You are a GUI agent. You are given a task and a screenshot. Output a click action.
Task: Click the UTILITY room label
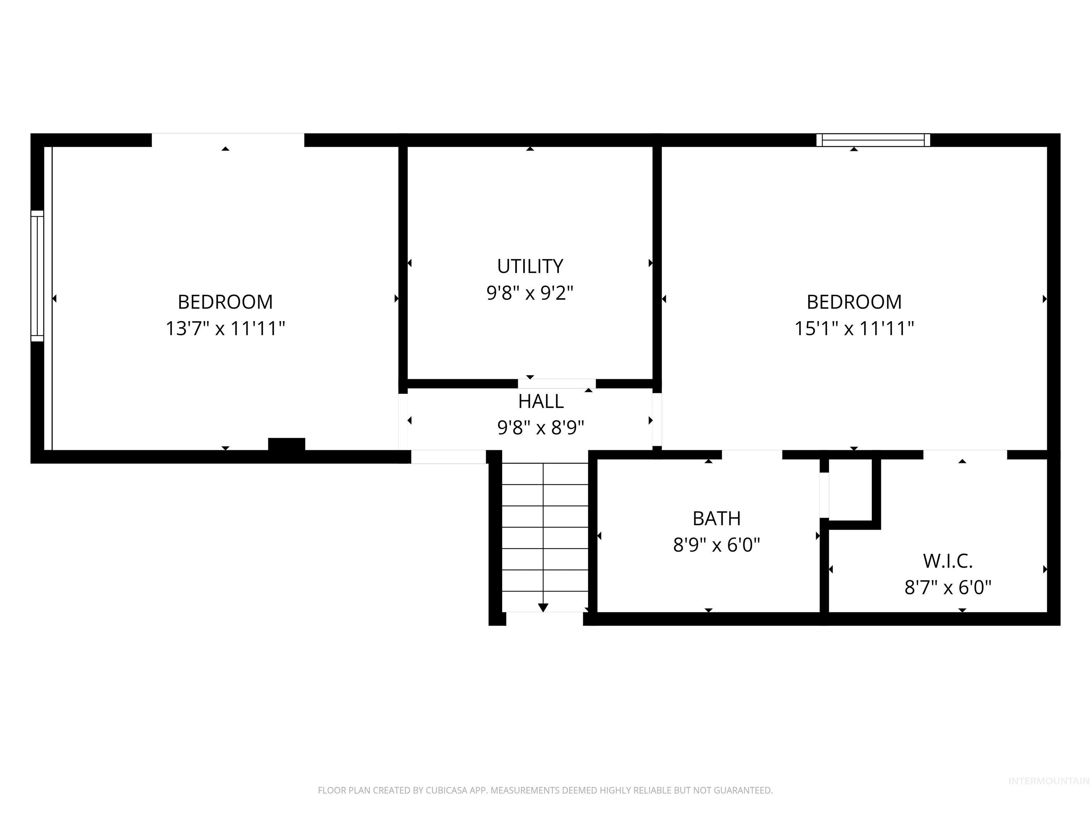tap(530, 266)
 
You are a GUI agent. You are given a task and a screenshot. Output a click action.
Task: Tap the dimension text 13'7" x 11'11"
tap(226, 328)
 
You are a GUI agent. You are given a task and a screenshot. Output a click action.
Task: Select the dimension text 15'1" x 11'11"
tap(854, 328)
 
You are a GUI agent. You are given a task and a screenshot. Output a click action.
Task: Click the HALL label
tap(541, 401)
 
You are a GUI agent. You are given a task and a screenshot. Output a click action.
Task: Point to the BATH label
tap(716, 519)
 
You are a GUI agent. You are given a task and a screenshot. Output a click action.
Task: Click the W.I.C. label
tap(948, 561)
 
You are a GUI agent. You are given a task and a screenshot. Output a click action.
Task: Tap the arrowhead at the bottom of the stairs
tap(543, 607)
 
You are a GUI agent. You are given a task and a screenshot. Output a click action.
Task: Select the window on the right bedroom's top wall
tap(873, 140)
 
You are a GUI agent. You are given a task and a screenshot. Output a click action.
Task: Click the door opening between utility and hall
tap(557, 383)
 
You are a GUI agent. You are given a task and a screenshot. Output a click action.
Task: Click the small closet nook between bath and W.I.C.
tap(850, 490)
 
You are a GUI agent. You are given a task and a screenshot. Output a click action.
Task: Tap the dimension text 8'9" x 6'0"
tap(716, 545)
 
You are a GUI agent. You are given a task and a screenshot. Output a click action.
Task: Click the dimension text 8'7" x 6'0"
tap(948, 588)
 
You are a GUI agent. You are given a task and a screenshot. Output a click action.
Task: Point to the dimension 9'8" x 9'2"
tap(530, 293)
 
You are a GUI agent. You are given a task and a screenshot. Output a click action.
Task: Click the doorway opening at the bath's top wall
tap(752, 454)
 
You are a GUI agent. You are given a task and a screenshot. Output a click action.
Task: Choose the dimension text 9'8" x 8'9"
tap(541, 428)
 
